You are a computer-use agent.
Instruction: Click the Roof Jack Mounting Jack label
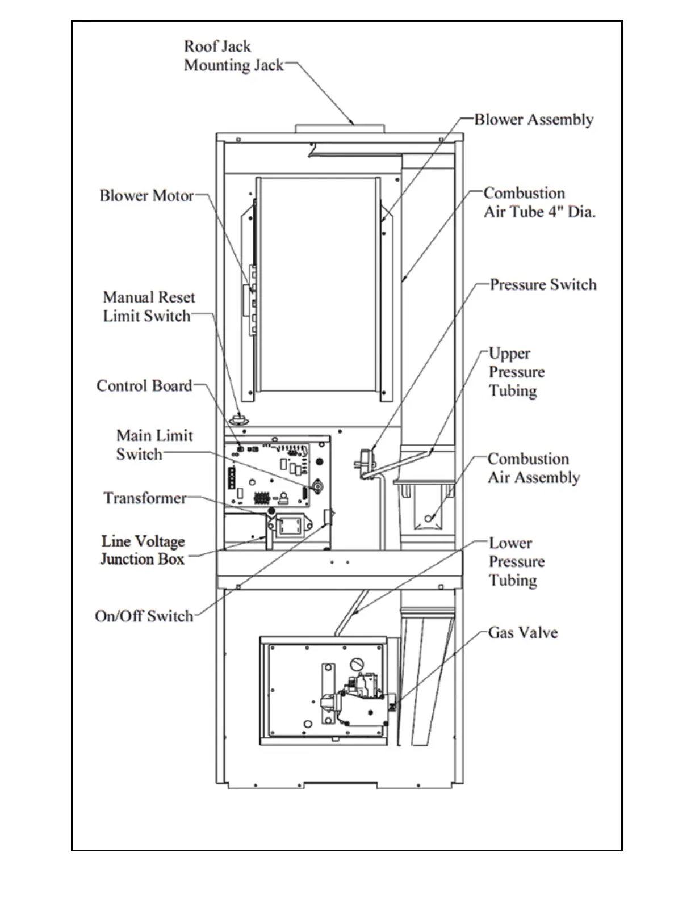point(233,56)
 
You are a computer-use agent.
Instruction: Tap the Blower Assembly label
point(534,120)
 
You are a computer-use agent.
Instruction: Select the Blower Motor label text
point(146,196)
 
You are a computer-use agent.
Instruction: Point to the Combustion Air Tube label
point(539,203)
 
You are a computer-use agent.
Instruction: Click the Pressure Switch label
point(543,284)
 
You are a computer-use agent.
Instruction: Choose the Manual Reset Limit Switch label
point(148,306)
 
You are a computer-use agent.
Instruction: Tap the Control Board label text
point(144,386)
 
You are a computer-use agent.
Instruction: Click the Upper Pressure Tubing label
point(516,372)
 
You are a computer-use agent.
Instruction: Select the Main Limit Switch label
point(154,444)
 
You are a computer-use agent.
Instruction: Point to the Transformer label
point(145,498)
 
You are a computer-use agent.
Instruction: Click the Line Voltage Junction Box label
point(143,550)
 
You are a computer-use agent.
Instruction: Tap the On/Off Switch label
point(144,616)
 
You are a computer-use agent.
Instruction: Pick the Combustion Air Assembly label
point(533,468)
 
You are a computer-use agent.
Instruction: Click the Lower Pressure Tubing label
point(516,561)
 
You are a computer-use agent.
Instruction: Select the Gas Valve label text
point(522,632)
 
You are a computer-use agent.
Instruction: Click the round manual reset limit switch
point(240,419)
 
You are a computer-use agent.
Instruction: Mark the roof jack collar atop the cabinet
point(340,128)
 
